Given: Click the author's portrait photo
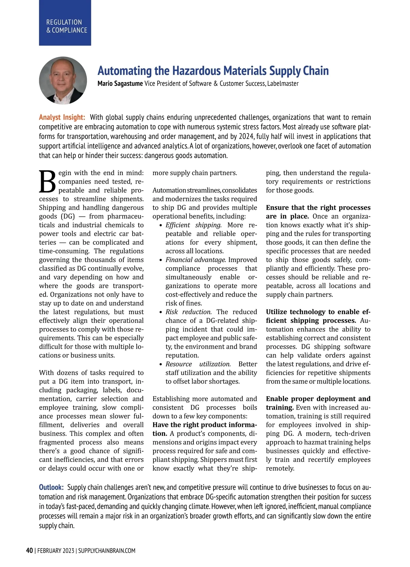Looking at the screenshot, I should point(63,81).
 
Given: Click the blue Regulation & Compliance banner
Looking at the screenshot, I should point(65,23).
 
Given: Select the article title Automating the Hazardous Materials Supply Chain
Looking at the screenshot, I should point(213,71).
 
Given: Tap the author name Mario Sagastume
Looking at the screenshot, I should point(120,83).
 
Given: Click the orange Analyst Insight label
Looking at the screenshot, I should point(62,117).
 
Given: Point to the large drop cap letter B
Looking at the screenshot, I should point(47,182).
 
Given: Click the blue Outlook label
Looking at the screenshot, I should point(51,487).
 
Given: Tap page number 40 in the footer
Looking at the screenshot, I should point(30,551).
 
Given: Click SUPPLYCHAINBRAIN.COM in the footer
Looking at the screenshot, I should point(107,551).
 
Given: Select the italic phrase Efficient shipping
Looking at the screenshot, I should point(193,225).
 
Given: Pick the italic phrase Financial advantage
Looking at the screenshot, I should point(196,260).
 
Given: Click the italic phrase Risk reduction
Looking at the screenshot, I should point(189,312).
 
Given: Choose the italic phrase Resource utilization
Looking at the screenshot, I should point(198,364).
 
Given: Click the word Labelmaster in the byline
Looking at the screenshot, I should point(283,83).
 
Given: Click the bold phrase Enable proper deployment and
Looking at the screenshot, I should point(318,399).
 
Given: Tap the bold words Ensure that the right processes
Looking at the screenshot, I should point(318,208).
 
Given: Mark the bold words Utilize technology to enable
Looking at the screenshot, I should point(313,312).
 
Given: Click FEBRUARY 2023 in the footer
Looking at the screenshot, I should point(56,551).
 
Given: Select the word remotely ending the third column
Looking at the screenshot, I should point(280,468).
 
